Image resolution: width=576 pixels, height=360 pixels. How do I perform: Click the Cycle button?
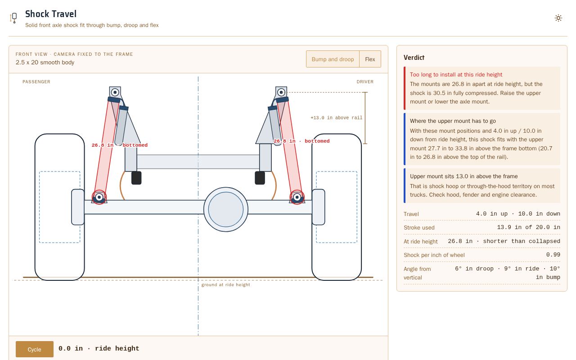tap(35, 349)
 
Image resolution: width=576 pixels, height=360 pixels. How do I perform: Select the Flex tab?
tap(370, 59)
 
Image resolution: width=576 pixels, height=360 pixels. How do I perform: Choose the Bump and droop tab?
tap(333, 59)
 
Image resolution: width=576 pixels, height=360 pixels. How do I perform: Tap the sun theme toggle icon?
tap(558, 18)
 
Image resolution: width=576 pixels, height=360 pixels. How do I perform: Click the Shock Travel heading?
tap(51, 14)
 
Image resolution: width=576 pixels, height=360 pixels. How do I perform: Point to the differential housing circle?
tap(226, 209)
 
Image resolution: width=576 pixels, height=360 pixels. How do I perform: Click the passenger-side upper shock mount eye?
tap(115, 92)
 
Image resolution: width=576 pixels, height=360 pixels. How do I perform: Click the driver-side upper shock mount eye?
tap(281, 92)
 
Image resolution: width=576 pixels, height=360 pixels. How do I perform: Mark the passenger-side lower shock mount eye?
tap(99, 197)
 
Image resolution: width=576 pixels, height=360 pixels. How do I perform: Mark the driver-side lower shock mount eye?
tap(297, 197)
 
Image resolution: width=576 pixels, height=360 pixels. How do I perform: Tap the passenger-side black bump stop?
tap(136, 178)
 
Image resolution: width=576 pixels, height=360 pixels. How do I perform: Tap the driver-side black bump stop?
tap(260, 178)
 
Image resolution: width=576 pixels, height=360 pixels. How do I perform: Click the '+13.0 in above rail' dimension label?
tap(336, 118)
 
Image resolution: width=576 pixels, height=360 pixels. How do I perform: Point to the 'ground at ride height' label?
tap(225, 285)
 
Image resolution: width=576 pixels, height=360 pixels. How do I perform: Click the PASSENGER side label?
tap(36, 82)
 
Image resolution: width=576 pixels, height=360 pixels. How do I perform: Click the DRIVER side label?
tap(365, 82)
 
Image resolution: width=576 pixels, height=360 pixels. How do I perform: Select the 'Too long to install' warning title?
tap(456, 75)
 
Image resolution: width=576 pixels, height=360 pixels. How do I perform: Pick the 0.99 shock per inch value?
tap(553, 255)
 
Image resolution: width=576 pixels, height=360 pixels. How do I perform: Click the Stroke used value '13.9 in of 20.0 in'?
tap(528, 227)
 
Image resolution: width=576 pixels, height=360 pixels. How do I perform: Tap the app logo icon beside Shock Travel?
tap(13, 18)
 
